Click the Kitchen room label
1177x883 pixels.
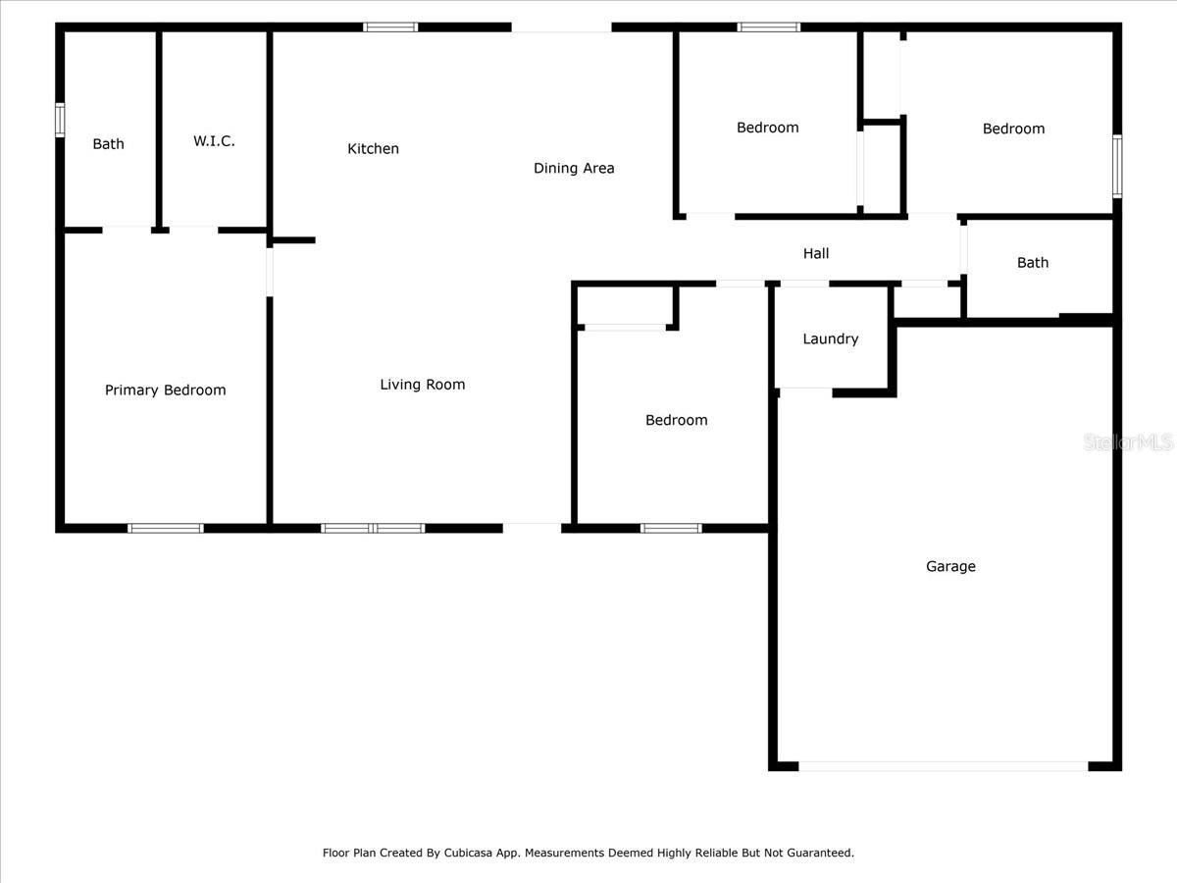[x=373, y=149]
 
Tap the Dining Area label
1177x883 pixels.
[x=574, y=169]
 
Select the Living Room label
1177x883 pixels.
[x=423, y=385]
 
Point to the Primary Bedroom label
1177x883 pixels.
[x=166, y=390]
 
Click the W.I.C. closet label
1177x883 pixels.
[x=214, y=141]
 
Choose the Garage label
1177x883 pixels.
[x=950, y=566]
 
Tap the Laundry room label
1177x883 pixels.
[x=831, y=339]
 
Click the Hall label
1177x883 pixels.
[x=816, y=254]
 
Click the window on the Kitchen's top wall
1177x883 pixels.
[x=390, y=26]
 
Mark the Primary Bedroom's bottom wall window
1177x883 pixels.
[x=166, y=528]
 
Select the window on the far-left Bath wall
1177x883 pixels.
[x=60, y=120]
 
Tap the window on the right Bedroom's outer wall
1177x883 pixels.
[x=1116, y=166]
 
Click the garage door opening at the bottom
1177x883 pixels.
[x=943, y=765]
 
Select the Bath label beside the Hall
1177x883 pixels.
[x=1033, y=263]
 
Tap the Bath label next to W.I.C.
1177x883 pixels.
[x=109, y=144]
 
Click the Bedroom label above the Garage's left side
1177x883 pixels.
[x=676, y=421]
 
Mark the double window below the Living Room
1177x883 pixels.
[x=373, y=528]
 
